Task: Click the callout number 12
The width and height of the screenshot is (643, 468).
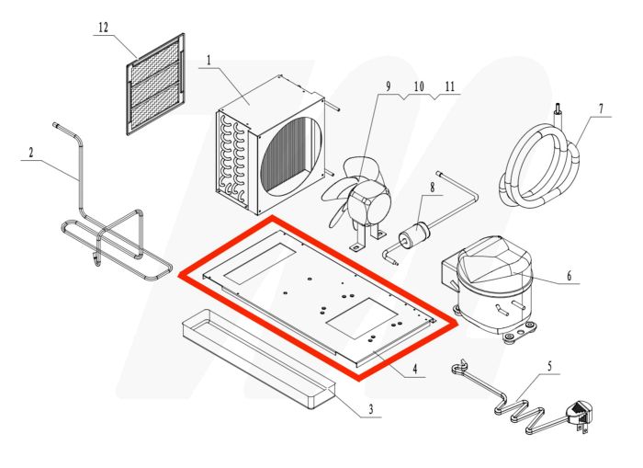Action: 103,28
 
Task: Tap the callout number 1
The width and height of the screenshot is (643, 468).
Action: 209,62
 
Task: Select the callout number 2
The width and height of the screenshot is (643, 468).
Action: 30,152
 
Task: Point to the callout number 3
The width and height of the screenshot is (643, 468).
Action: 370,409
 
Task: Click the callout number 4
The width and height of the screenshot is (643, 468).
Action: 414,371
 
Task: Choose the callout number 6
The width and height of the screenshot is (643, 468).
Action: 601,109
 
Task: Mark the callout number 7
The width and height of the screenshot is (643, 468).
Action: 432,188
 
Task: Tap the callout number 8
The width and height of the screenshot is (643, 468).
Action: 388,87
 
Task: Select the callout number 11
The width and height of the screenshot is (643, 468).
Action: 448,87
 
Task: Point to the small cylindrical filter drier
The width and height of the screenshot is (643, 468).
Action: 415,234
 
